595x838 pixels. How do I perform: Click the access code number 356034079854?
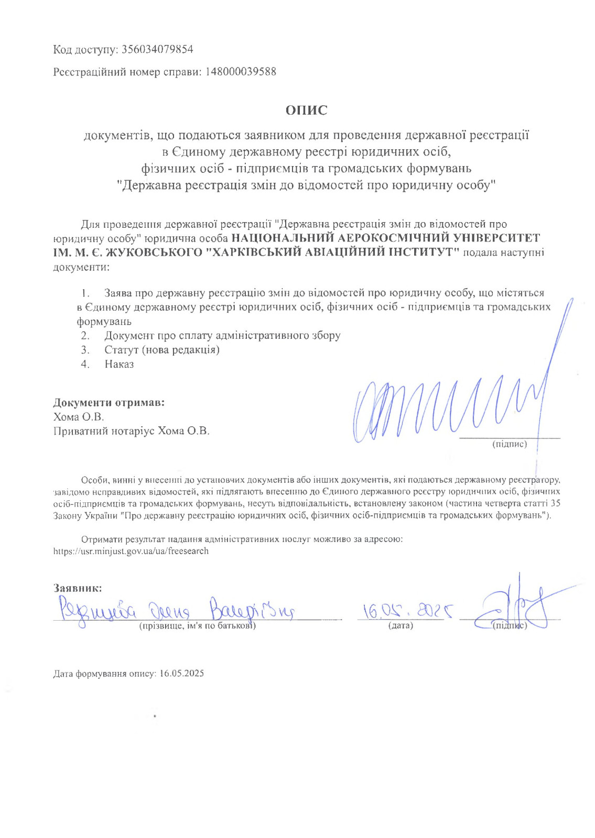(x=157, y=50)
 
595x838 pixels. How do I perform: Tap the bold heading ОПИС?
(x=306, y=111)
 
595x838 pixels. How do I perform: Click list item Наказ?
(x=119, y=364)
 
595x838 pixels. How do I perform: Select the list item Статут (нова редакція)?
(x=161, y=350)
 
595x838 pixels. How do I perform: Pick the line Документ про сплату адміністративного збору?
(x=222, y=336)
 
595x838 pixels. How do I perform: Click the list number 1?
(x=85, y=293)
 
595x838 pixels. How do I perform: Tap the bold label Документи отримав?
(x=109, y=403)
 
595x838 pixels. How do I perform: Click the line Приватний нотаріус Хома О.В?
(x=131, y=431)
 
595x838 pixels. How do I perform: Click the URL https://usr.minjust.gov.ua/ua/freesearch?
(x=131, y=552)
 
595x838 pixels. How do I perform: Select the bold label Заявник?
(x=78, y=588)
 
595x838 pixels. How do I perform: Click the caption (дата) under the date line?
(x=401, y=626)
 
